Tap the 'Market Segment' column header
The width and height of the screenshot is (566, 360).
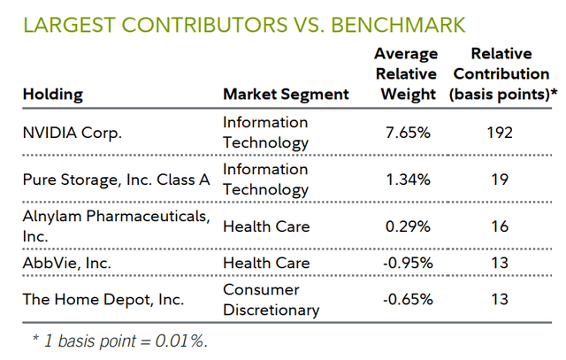(x=286, y=94)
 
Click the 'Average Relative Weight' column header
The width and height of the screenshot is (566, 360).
(x=405, y=74)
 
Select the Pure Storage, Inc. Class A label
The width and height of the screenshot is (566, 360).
(x=116, y=180)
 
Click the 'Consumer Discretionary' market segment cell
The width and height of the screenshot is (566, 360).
(x=271, y=299)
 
